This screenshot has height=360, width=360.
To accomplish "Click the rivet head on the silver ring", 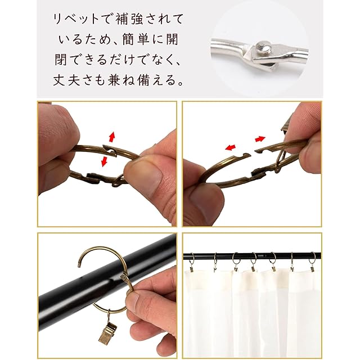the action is (x=263, y=46).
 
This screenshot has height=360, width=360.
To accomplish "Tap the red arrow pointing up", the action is (x=112, y=137).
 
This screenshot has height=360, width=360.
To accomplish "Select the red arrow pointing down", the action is (x=105, y=161).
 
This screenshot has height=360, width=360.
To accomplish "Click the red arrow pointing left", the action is (x=230, y=147).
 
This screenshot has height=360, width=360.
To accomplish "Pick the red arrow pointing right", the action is (x=260, y=139).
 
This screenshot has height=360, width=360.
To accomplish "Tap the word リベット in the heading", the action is (x=75, y=19).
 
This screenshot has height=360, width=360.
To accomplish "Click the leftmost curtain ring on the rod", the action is (x=192, y=259).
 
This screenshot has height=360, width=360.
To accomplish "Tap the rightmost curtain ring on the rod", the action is (x=312, y=258).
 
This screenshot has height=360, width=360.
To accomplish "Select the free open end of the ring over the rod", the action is (x=79, y=264).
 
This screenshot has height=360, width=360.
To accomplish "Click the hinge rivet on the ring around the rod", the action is (x=124, y=278).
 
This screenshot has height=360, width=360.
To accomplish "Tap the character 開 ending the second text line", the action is (x=172, y=39).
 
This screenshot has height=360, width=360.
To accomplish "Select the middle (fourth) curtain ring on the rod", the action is (x=254, y=258).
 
